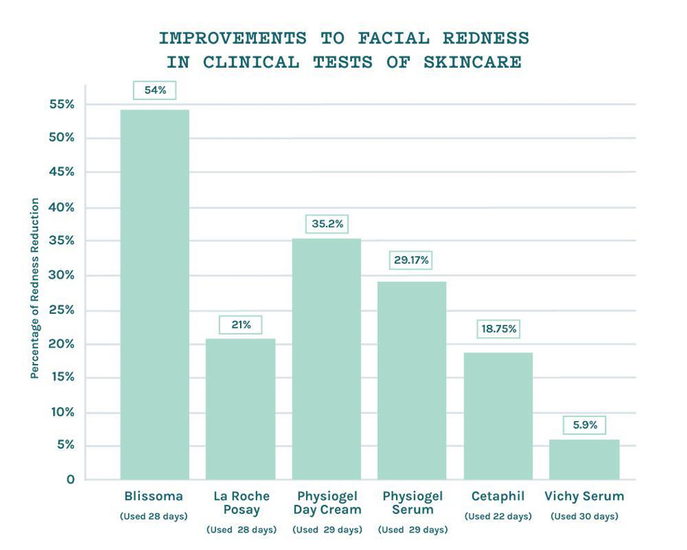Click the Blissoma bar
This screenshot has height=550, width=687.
pos(155,295)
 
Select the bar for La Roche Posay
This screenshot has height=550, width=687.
pos(240,409)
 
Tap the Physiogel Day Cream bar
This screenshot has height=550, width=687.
pos(326,359)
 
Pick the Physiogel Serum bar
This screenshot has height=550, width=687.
pos(412,380)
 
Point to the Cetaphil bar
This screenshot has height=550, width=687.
pos(498,416)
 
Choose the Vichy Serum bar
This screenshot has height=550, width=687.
pos(584,460)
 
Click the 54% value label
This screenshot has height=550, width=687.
pos(155,90)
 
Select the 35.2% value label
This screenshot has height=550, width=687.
pos(327,224)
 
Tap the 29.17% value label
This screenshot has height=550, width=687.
pos(412,260)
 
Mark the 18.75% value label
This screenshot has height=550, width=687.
pos(499,329)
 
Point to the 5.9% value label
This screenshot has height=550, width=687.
pos(585,425)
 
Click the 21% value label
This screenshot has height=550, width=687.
pos(241,325)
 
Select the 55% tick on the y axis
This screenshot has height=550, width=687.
pos(62,104)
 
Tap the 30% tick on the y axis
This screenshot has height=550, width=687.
pos(62,276)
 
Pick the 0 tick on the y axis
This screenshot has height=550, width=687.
pos(70,479)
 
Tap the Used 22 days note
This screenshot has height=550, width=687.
pos(498,517)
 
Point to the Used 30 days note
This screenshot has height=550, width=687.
pos(584,517)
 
